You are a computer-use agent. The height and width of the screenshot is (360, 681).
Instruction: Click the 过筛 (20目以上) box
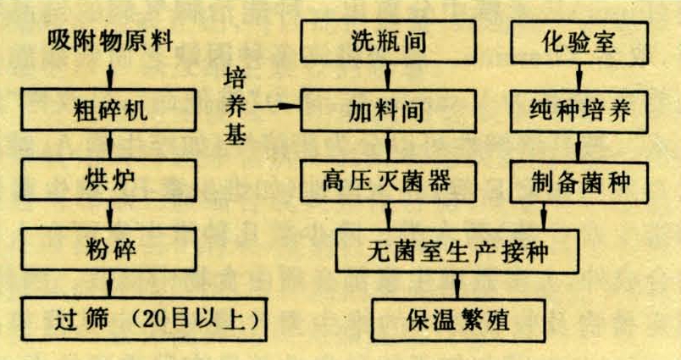click(x=140, y=319)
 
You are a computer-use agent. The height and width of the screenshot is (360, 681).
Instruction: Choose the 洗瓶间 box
click(x=388, y=40)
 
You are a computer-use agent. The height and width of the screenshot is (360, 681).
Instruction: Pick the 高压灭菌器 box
click(x=388, y=180)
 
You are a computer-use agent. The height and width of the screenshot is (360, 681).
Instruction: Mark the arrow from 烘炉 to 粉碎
click(x=108, y=218)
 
